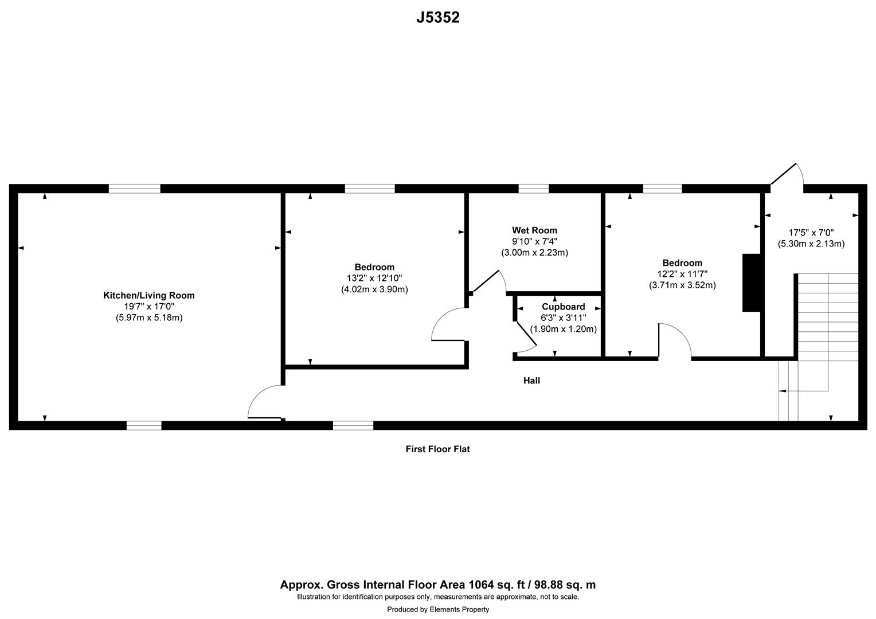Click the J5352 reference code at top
[437, 18]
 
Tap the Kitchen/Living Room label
[148, 296]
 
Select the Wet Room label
[534, 230]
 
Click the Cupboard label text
[563, 307]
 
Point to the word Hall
[531, 381]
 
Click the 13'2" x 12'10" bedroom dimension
[374, 278]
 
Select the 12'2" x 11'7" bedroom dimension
[682, 274]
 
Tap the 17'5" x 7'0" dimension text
[811, 233]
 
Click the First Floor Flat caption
[437, 449]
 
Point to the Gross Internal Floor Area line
[437, 585]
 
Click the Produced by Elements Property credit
[437, 609]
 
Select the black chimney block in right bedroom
[751, 283]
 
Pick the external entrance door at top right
[787, 175]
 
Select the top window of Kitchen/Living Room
[135, 189]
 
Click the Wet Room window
[533, 189]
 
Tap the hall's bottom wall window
[353, 425]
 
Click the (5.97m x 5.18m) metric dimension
[148, 318]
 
